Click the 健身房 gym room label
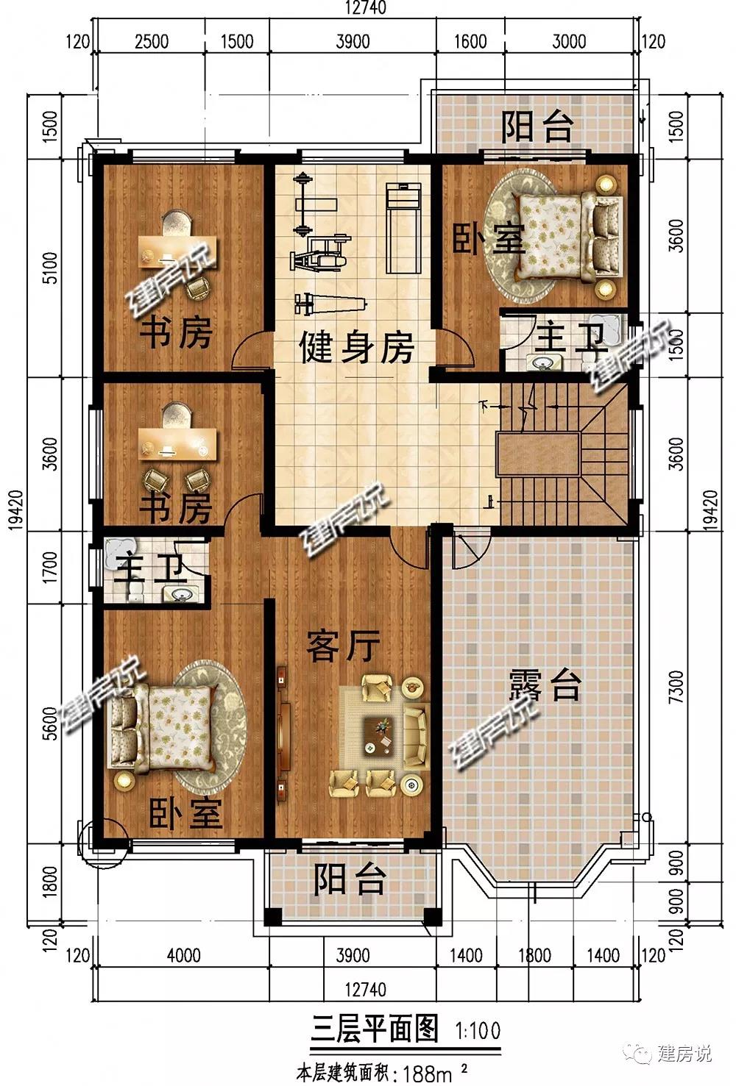coord(357,348)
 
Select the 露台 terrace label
coord(545,685)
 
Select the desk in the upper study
coord(177,251)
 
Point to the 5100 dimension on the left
coord(50,268)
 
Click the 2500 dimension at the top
coord(152,42)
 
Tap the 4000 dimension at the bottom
coord(184,956)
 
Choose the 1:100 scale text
coord(478,1030)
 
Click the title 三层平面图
coord(374,1029)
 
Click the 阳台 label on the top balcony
coord(537,126)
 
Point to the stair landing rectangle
coord(537,454)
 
